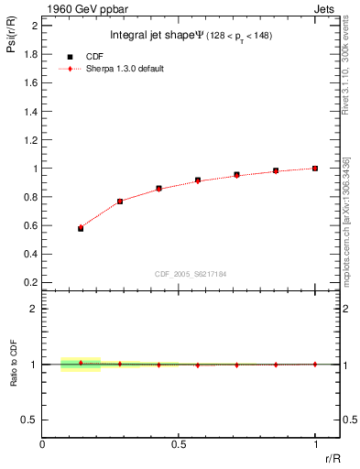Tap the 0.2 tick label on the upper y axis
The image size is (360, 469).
32,283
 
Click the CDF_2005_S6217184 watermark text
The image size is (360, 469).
190,273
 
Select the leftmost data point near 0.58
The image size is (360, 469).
81,228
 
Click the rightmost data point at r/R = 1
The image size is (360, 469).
315,169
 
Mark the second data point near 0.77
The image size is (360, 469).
120,201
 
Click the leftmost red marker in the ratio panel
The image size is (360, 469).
81,363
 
